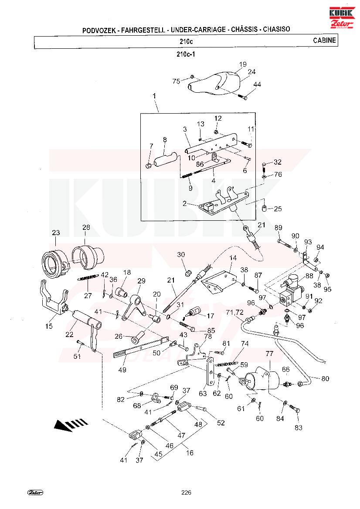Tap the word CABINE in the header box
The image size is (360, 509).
tap(324, 40)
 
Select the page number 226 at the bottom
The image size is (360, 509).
tap(186, 492)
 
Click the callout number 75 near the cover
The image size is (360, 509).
tap(176, 81)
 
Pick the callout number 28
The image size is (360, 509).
tap(86, 227)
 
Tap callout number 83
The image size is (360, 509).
tap(298, 428)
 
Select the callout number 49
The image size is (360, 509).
tap(122, 370)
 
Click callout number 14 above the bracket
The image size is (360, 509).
tap(233, 258)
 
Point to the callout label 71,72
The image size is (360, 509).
tap(234, 312)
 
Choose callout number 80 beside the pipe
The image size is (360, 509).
tap(325, 378)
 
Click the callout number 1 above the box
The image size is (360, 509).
tap(154, 95)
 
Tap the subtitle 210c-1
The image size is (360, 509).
tap(186, 54)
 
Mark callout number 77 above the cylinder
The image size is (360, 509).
tap(269, 354)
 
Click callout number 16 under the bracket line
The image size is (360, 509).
tap(190, 453)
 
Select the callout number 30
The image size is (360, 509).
tap(181, 254)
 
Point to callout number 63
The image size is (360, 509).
tap(203, 394)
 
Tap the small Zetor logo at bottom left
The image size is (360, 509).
tap(35, 492)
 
